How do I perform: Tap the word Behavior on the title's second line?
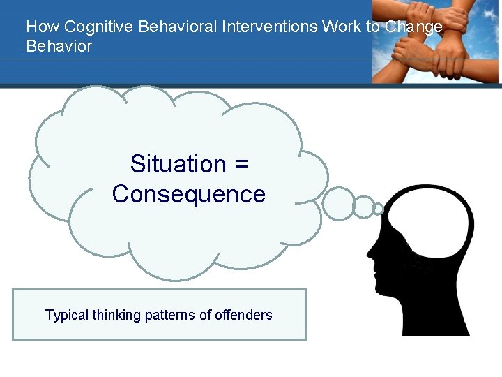tap(59, 46)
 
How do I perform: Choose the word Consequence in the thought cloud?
tap(188, 194)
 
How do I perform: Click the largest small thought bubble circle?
tap(340, 203)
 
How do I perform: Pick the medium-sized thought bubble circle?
tap(363, 207)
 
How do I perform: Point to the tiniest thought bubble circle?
tap(378, 208)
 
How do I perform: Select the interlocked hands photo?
tap(436, 42)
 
